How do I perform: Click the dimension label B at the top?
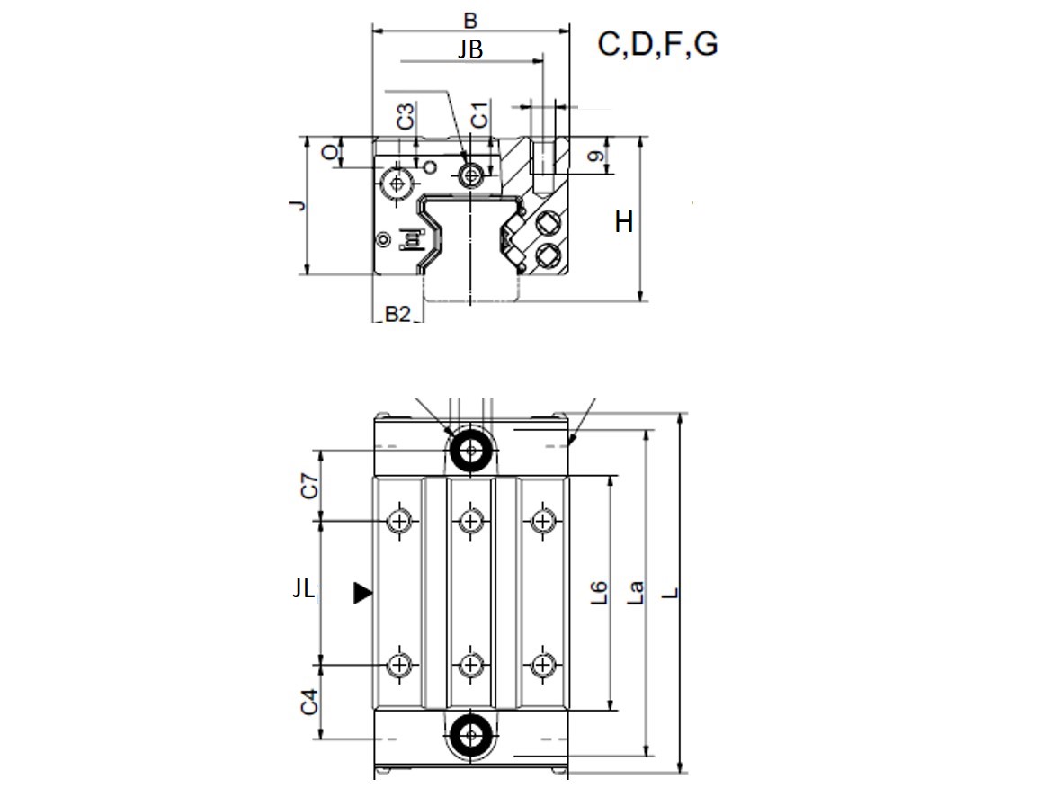point(470,21)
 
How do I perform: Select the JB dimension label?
point(470,49)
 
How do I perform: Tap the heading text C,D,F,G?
point(657,44)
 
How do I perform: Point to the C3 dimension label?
point(405,117)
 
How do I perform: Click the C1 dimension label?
point(479,115)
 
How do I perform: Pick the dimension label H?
point(624,221)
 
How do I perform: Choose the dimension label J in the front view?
point(298,205)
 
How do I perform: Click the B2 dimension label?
point(397,314)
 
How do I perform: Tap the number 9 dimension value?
point(595,157)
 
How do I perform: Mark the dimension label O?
point(330,153)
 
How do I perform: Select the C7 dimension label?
point(308,486)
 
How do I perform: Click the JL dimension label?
point(303,588)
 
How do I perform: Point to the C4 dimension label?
point(308,702)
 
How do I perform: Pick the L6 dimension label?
point(599,593)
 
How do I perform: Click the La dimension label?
point(635,593)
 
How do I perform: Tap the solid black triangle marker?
point(362,593)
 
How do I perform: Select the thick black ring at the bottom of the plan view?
point(470,735)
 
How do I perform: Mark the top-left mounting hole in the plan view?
point(399,521)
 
